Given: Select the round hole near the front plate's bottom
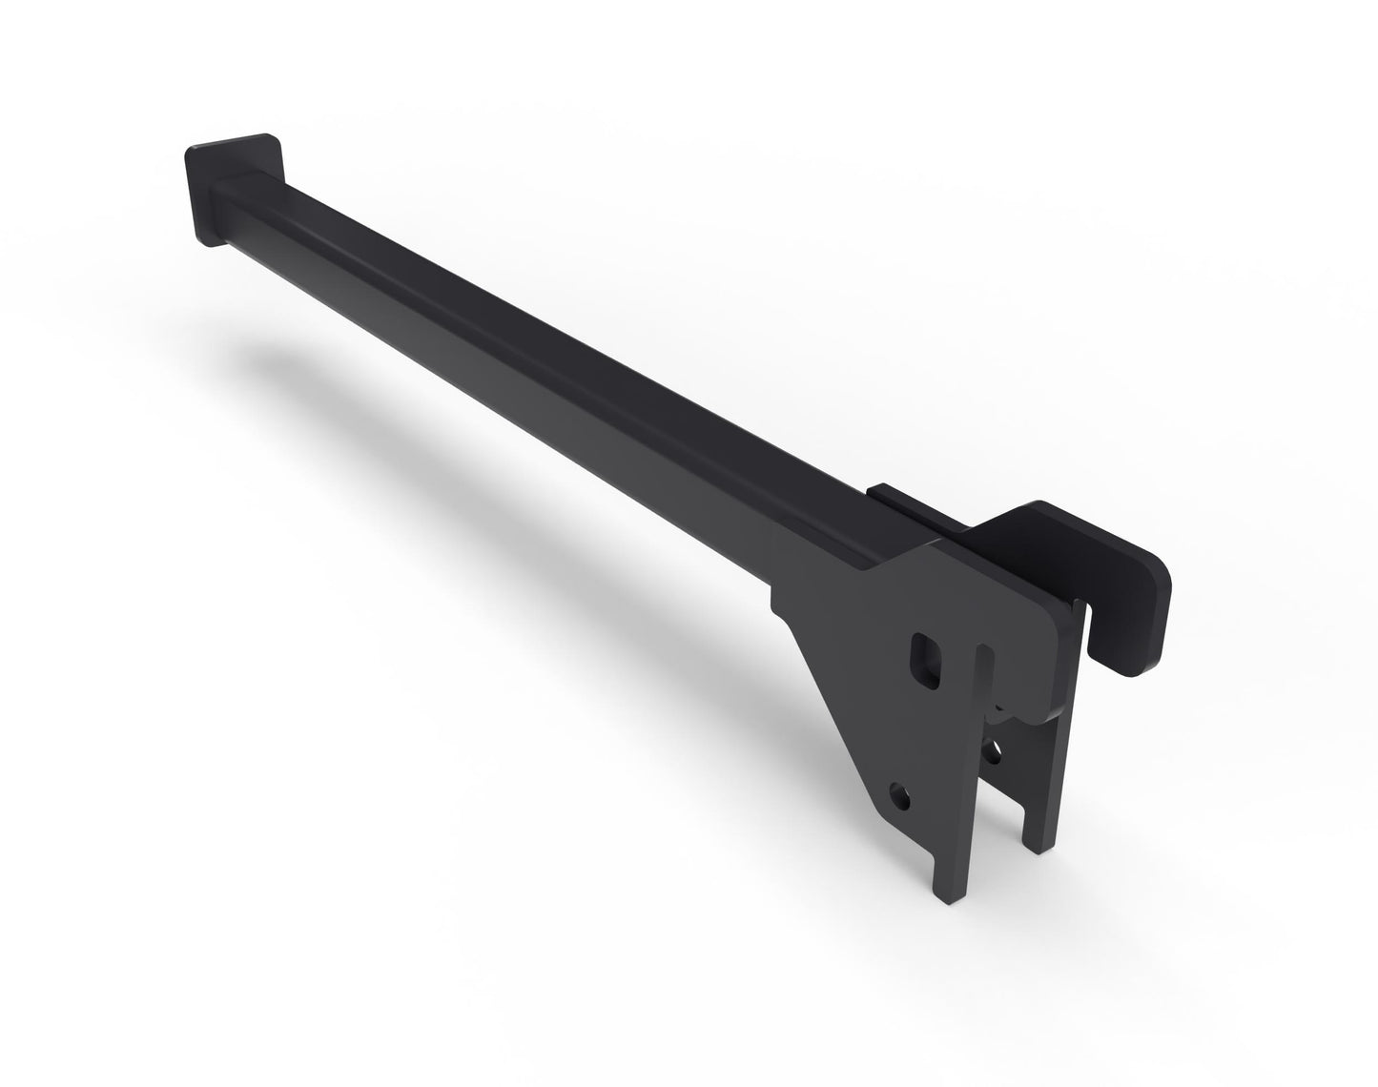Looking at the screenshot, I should coord(899,792).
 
